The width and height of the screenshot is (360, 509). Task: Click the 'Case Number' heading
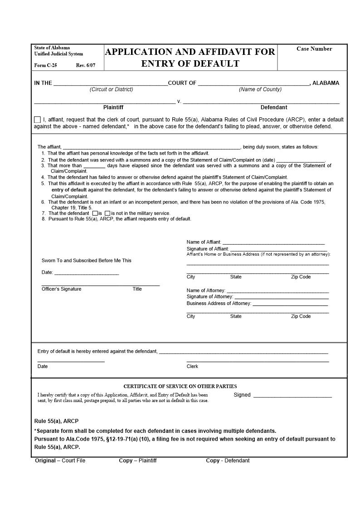pyautogui.click(x=314, y=49)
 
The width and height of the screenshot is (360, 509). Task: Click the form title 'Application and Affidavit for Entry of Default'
pyautogui.click(x=190, y=58)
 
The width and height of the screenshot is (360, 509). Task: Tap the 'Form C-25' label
pyautogui.click(x=46, y=65)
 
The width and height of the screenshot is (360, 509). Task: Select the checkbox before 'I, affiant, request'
pyautogui.click(x=37, y=120)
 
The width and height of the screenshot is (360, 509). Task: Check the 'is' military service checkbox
pyautogui.click(x=95, y=213)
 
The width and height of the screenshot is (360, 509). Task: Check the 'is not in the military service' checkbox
pyautogui.click(x=107, y=213)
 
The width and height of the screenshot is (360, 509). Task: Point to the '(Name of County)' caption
pyautogui.click(x=260, y=89)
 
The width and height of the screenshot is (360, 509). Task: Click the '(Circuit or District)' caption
pyautogui.click(x=112, y=89)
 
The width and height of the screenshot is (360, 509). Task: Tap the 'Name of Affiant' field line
pyautogui.click(x=273, y=243)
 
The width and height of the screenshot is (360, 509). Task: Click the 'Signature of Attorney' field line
pyautogui.click(x=281, y=297)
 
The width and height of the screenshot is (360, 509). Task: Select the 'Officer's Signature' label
pyautogui.click(x=62, y=289)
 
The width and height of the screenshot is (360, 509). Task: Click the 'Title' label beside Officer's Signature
pyautogui.click(x=137, y=289)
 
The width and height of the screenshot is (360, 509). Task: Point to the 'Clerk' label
pyautogui.click(x=192, y=366)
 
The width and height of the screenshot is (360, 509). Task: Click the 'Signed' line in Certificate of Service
pyautogui.click(x=292, y=396)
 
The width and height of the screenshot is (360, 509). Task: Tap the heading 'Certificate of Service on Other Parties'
pyautogui.click(x=180, y=387)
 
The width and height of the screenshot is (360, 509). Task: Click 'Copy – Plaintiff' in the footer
pyautogui.click(x=137, y=461)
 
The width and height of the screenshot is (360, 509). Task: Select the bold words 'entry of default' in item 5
pyautogui.click(x=69, y=190)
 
